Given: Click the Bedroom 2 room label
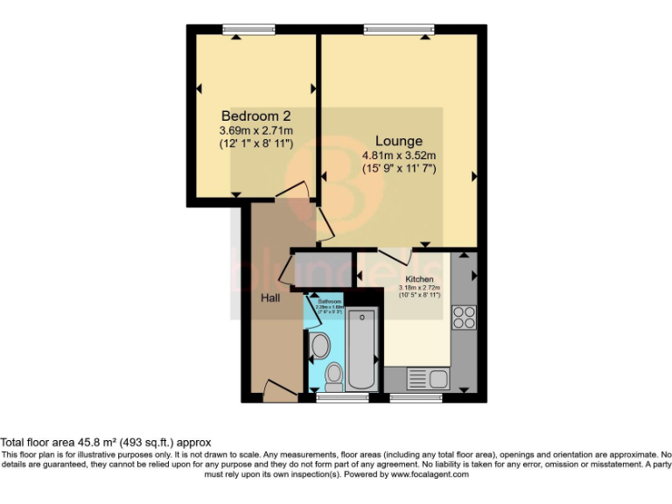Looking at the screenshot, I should click(255, 115).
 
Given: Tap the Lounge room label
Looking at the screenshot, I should click(398, 141).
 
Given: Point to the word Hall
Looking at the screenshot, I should click(270, 298).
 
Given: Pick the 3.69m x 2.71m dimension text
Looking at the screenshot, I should click(255, 130).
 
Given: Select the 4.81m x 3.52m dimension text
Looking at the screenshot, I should click(398, 157).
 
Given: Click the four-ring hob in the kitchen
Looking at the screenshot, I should click(464, 316).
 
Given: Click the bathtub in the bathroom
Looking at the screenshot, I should click(360, 349).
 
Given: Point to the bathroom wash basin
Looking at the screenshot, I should click(318, 345).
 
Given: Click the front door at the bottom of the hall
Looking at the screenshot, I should click(277, 390).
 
